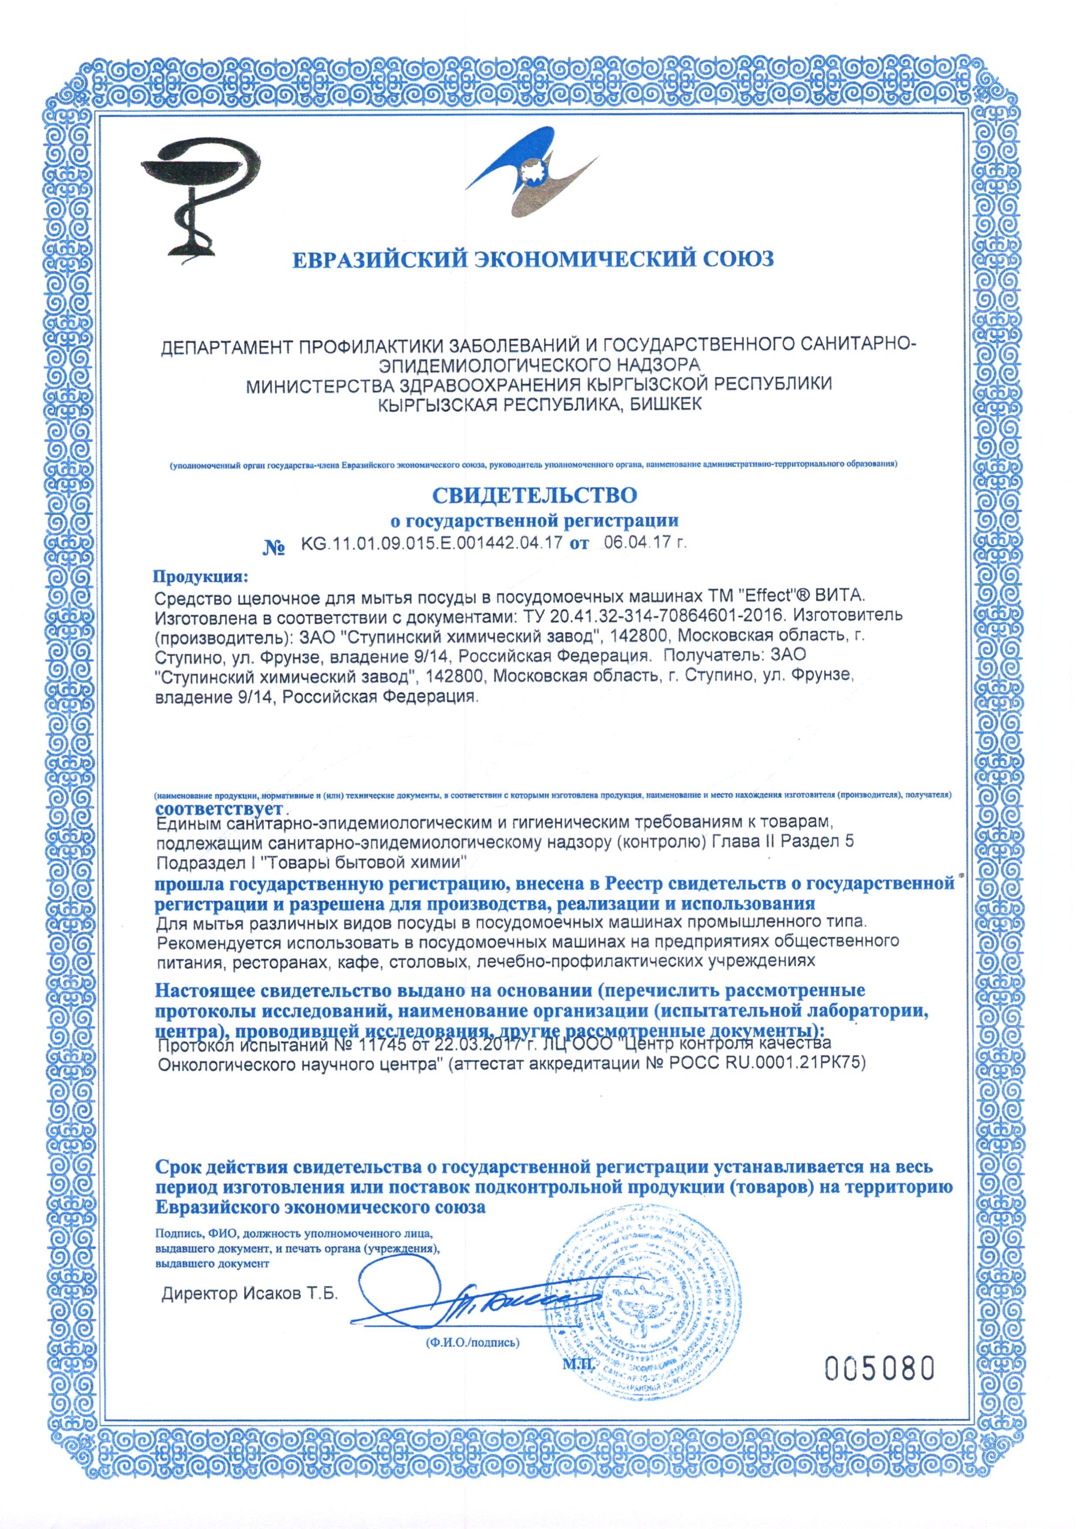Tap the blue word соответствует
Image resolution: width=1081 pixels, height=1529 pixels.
coord(219,808)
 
